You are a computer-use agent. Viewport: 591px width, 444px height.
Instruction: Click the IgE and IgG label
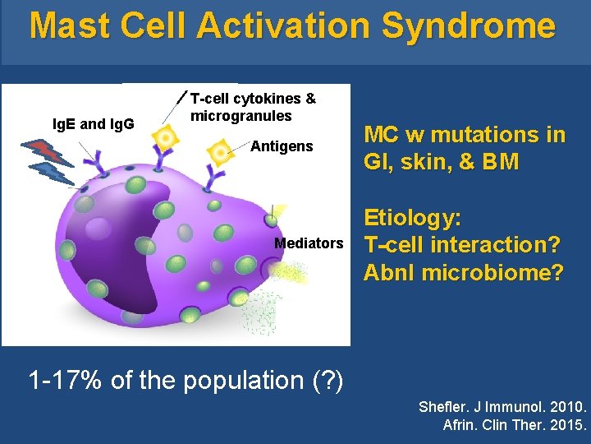click(94, 124)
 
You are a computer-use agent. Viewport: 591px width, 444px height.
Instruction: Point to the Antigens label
click(282, 146)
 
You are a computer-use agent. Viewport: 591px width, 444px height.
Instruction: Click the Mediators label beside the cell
click(309, 243)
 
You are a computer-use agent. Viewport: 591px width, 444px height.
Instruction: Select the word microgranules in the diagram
click(241, 116)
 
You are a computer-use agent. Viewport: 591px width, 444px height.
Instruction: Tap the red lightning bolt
click(45, 152)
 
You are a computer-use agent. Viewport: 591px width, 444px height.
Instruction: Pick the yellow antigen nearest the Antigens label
click(219, 152)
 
